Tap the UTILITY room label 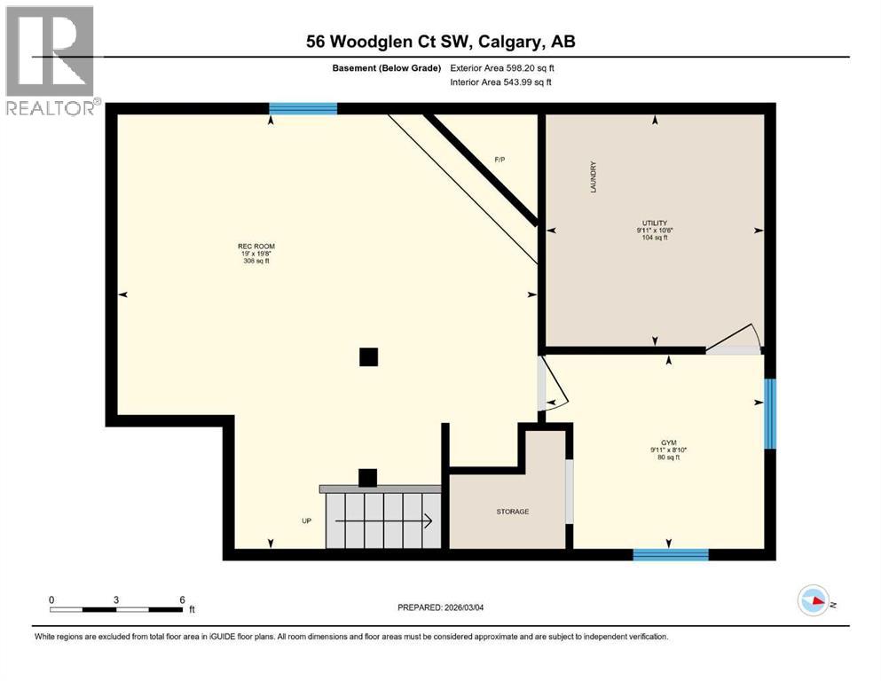point(655,223)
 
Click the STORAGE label point(512,512)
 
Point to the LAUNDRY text point(593,177)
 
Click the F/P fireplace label point(499,160)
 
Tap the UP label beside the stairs point(306,521)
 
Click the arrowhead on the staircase point(428,521)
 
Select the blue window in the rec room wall point(303,109)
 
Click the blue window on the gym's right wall point(770,413)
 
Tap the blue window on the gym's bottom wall point(671,555)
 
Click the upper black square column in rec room point(368,356)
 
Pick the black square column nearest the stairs point(367,477)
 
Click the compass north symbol point(813,601)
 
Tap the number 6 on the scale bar point(182,599)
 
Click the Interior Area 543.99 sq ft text point(500,82)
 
